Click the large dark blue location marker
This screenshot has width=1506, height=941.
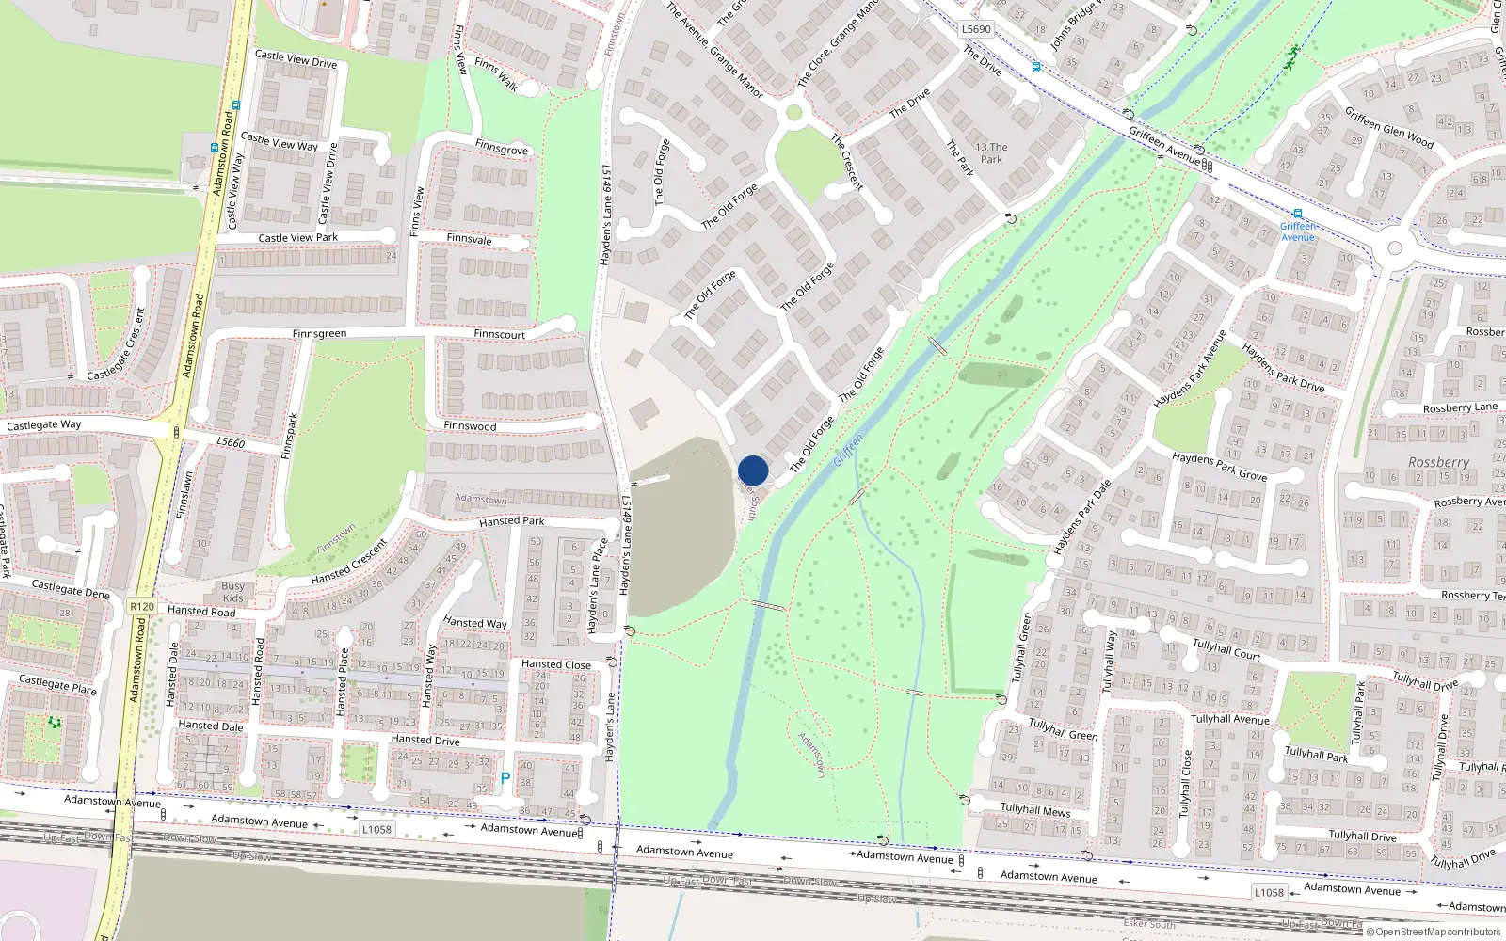(x=753, y=470)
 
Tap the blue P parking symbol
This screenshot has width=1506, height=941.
(x=505, y=778)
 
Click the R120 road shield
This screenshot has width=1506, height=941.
(x=142, y=607)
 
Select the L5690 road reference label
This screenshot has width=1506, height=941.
(x=976, y=29)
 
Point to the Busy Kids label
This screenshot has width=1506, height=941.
(x=232, y=592)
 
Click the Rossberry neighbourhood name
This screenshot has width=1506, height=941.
(x=1438, y=462)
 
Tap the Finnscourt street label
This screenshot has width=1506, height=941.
(x=500, y=334)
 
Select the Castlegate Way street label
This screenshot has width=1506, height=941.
(x=44, y=425)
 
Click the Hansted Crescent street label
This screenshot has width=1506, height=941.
(x=349, y=562)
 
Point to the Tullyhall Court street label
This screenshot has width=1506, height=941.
(x=1226, y=649)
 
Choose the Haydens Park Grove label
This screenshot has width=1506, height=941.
(x=1219, y=466)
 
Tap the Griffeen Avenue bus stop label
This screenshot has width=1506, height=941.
(x=1298, y=231)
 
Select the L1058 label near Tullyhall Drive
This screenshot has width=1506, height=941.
(x=1268, y=892)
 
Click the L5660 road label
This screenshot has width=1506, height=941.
(x=231, y=442)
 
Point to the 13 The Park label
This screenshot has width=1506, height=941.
(x=991, y=153)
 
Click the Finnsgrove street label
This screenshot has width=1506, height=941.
(x=502, y=149)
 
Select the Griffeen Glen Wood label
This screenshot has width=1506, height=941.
(x=1388, y=127)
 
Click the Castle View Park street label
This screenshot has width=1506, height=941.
(x=298, y=238)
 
